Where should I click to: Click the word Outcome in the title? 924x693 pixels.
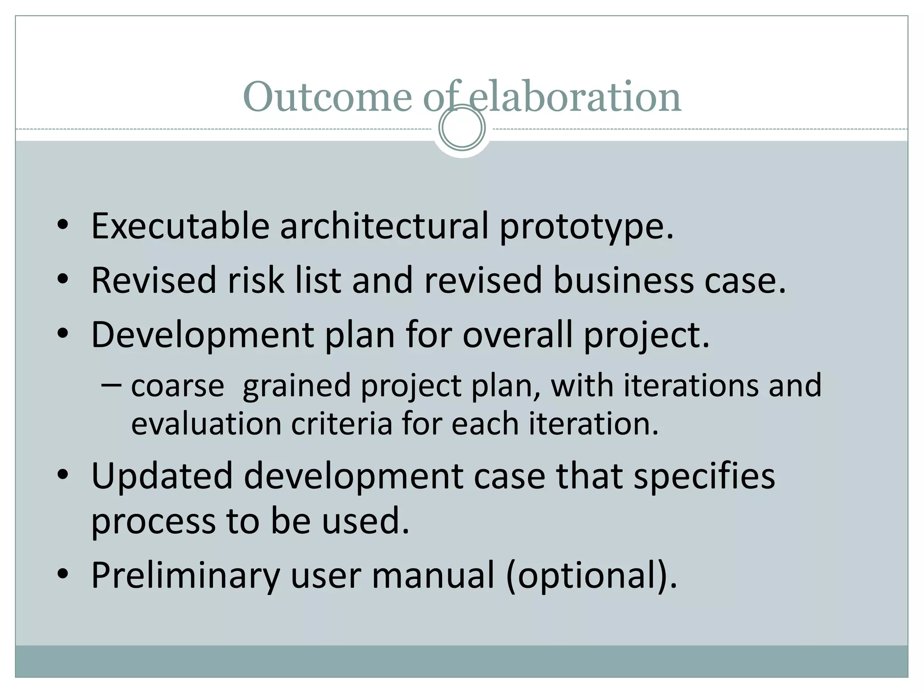click(327, 97)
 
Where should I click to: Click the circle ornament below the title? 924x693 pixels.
click(462, 128)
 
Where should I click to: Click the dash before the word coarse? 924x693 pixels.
click(111, 385)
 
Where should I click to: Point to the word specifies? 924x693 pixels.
click(704, 477)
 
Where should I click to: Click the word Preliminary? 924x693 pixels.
click(185, 576)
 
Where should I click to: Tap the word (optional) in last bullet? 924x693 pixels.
click(591, 576)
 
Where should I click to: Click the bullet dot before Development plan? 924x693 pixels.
click(63, 334)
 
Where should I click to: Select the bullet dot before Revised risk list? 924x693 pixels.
click(63, 279)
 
